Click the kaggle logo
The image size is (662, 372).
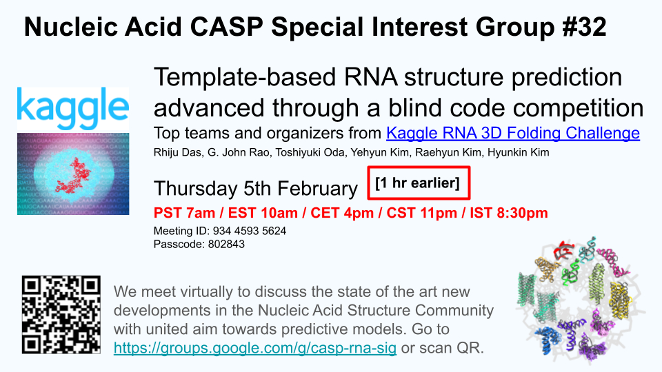[x=73, y=110]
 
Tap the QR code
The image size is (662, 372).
[x=61, y=315]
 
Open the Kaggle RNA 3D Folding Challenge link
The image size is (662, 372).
[x=513, y=133]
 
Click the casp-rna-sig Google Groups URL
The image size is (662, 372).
[x=255, y=348]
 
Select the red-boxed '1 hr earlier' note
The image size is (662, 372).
[x=419, y=183]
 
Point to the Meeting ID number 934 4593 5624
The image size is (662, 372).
[x=250, y=231]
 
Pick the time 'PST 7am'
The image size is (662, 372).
[x=185, y=213]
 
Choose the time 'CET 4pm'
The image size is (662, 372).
[x=342, y=213]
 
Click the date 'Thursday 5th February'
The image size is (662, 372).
[x=256, y=189]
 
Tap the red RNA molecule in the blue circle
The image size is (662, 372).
[x=74, y=176]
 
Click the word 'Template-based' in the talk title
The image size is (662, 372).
[x=245, y=77]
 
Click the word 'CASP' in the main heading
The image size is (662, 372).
[x=227, y=27]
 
